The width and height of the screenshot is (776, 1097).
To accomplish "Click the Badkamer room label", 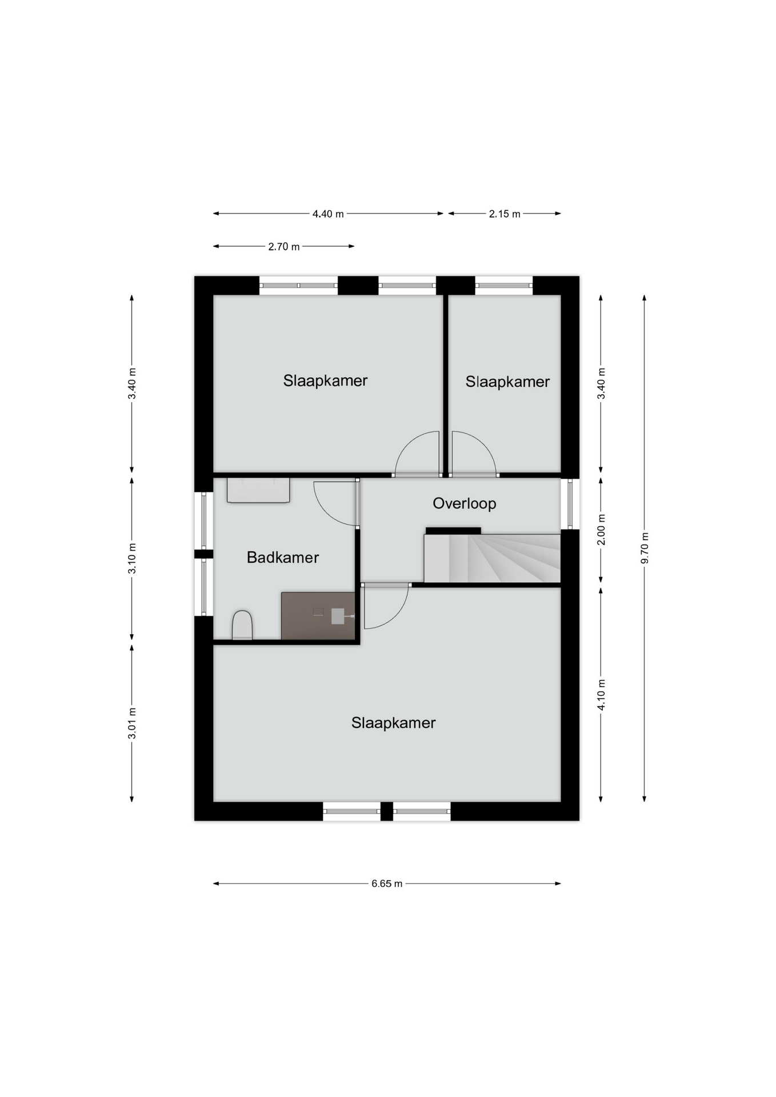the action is (x=283, y=557).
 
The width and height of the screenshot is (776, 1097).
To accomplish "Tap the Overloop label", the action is (x=464, y=503).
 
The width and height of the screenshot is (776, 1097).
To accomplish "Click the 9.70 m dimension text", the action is (x=645, y=548).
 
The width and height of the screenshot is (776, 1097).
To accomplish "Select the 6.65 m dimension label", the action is (x=387, y=883).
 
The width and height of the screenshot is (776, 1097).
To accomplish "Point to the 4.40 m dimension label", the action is (x=328, y=214).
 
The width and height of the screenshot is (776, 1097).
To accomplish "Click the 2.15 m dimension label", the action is (x=505, y=214).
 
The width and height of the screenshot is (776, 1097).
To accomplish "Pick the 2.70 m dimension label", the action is (x=284, y=247).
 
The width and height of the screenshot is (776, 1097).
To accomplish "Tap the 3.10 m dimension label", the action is (x=132, y=558).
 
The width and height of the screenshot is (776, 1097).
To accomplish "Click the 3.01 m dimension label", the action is (x=132, y=723).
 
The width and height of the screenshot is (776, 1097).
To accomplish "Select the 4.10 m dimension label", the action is (x=601, y=695).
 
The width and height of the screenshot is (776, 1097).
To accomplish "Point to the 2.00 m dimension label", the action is (x=601, y=530).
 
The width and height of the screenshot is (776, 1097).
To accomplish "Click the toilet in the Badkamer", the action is (x=242, y=625).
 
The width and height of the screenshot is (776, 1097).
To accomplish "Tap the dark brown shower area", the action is (x=318, y=616).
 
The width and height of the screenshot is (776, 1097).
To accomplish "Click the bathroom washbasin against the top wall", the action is (x=258, y=490).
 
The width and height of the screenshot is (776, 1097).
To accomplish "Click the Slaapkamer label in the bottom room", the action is (x=393, y=723).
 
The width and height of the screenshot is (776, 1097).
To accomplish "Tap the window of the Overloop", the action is (x=570, y=504).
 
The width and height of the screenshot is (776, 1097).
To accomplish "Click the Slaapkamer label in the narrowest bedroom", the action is (x=507, y=382).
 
